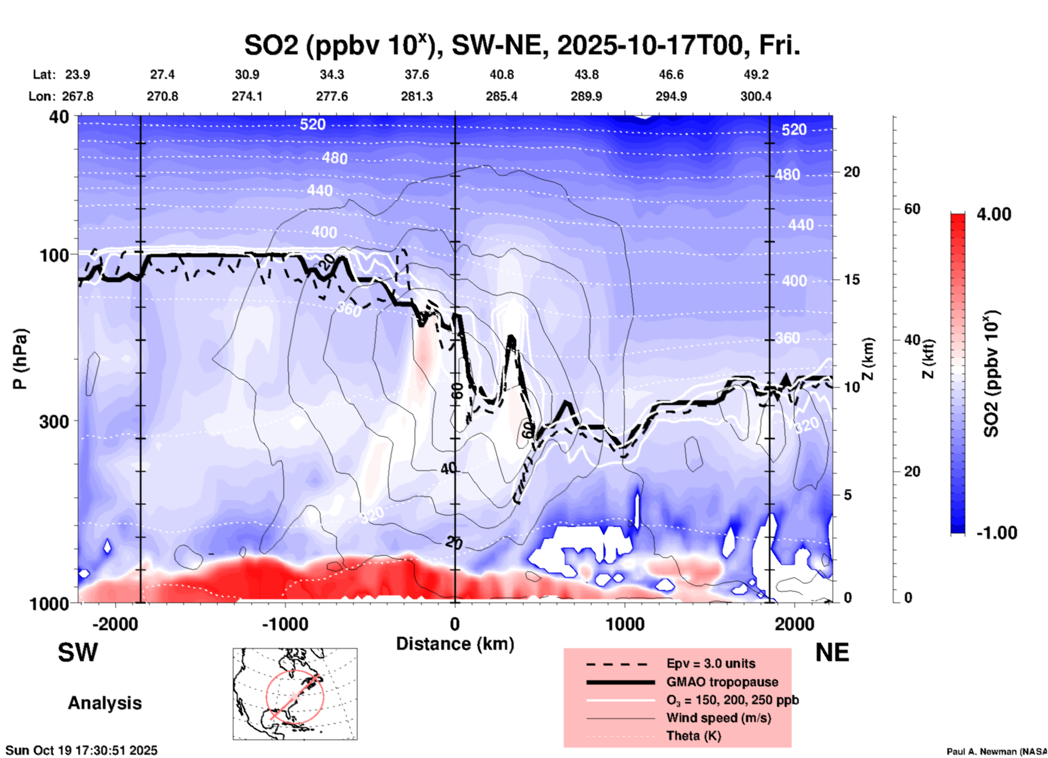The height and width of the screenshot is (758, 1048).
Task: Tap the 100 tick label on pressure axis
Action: [x=54, y=255]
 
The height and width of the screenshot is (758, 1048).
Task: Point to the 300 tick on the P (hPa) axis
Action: [x=54, y=421]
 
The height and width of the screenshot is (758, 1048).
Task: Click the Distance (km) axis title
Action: [x=455, y=644]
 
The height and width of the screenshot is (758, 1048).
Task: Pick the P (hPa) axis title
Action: [x=20, y=359]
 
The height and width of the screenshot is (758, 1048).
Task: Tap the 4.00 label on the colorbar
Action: [x=994, y=214]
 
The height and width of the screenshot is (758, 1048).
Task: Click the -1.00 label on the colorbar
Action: [x=996, y=533]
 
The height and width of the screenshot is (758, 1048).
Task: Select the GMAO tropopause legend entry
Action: [x=722, y=682]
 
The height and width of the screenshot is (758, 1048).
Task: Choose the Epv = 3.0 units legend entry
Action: [x=711, y=663]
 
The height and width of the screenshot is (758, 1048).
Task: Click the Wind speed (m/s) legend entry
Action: [x=718, y=718]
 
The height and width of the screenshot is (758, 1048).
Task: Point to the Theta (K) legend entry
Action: [x=693, y=736]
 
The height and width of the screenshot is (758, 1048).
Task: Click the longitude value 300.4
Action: [x=756, y=96]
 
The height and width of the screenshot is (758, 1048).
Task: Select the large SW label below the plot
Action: [x=78, y=653]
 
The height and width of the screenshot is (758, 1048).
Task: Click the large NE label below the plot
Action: [x=832, y=653]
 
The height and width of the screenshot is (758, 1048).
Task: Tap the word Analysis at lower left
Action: [x=104, y=703]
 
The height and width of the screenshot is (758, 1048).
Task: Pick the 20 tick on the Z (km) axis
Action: [x=851, y=172]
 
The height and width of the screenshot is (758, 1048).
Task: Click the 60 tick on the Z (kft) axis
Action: [x=911, y=209]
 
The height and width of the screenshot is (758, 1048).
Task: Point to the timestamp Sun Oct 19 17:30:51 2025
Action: [x=82, y=750]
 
